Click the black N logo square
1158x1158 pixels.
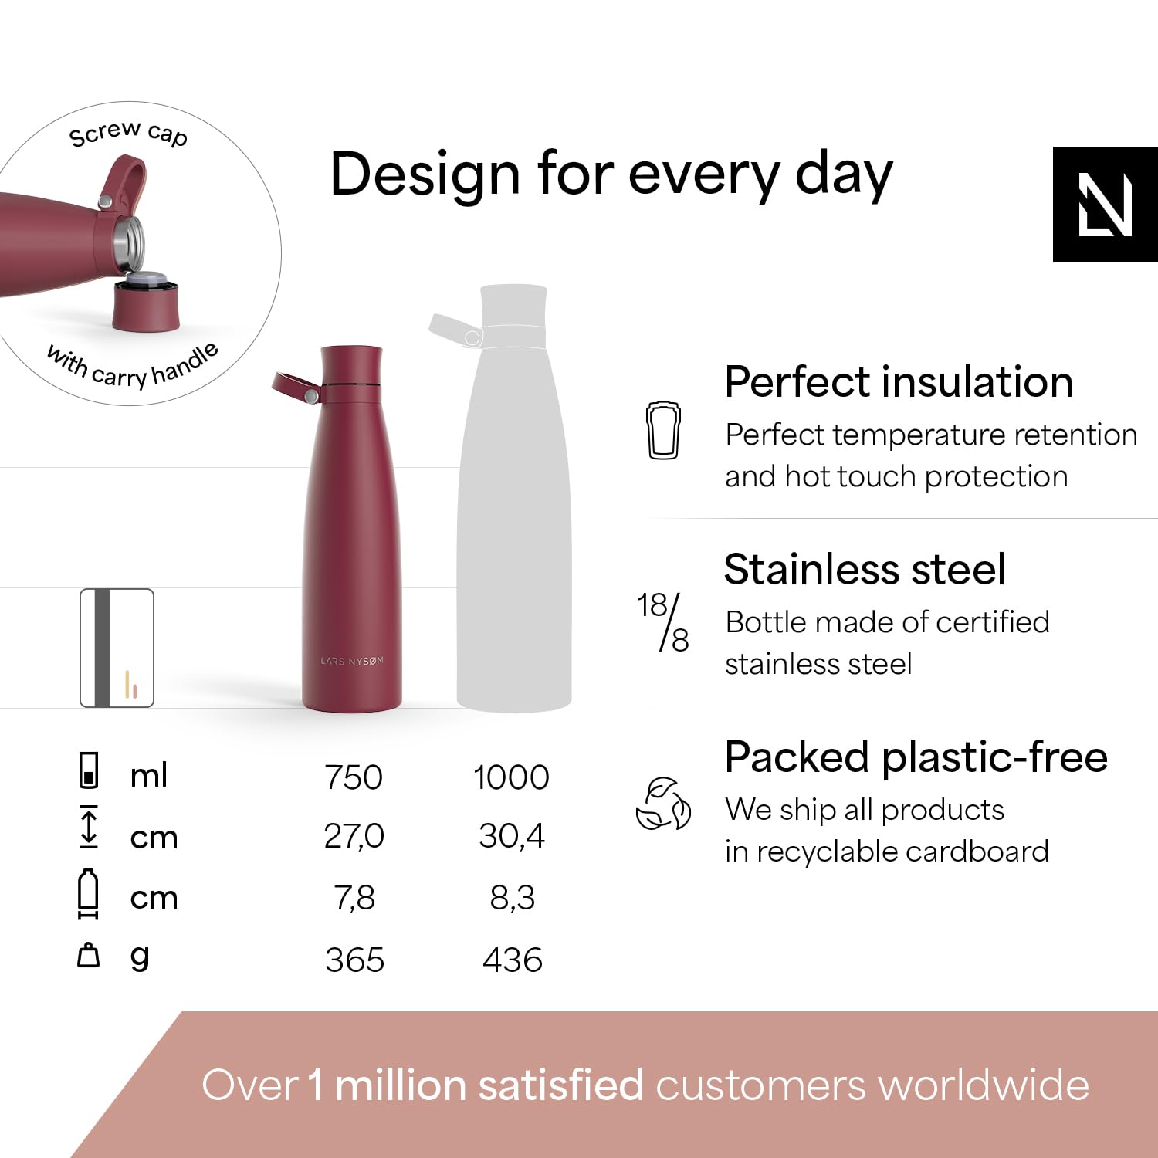1106,205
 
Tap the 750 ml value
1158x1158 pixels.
354,777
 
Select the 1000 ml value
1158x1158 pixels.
511,777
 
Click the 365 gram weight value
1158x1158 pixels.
354,960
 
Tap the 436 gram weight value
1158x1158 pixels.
513,960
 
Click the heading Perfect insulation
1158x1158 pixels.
899,382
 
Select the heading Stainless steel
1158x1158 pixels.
865,570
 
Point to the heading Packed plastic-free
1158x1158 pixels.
916,758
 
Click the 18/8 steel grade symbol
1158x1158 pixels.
663,622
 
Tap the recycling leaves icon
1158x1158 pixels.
663,804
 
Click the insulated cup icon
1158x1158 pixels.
663,430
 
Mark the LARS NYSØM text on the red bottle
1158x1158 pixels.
352,662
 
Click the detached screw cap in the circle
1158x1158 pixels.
146,303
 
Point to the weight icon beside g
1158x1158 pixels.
89,955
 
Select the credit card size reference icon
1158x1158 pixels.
117,648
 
